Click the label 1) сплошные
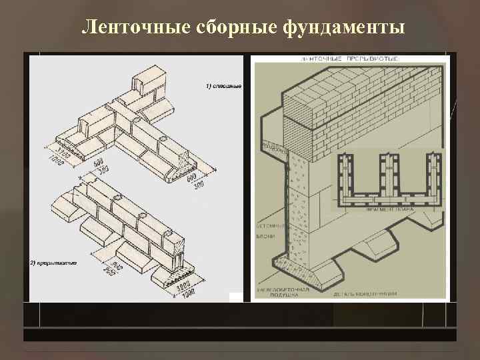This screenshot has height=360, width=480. [223, 87]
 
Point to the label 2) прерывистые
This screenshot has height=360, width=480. [53, 263]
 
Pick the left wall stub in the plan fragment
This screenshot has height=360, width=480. [345, 175]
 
